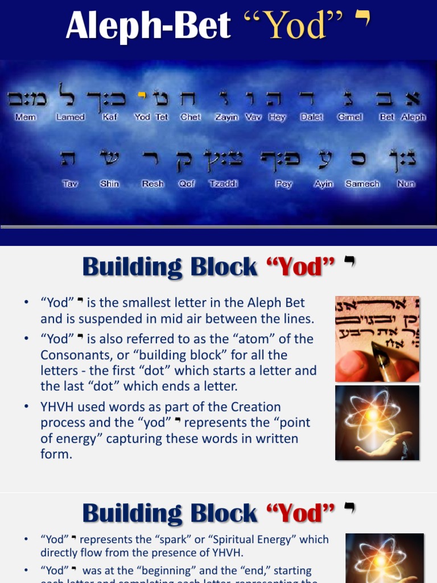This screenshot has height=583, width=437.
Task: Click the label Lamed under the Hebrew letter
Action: (71, 117)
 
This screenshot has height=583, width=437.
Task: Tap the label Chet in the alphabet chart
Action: (190, 117)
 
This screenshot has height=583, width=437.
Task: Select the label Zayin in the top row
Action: (226, 117)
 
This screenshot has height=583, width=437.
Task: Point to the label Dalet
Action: (311, 117)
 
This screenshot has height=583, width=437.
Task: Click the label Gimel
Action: (350, 117)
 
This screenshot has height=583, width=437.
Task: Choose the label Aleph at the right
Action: (413, 117)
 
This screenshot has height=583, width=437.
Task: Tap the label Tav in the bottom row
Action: (69, 184)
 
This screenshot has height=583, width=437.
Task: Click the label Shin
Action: (109, 184)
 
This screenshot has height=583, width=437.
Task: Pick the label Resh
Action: (152, 184)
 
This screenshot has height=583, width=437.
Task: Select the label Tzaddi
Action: (224, 184)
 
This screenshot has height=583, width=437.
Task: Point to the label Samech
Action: (362, 184)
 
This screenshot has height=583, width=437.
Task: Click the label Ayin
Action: (323, 184)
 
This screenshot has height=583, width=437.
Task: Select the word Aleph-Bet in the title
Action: (148, 27)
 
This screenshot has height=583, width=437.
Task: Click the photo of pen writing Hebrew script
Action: (377, 339)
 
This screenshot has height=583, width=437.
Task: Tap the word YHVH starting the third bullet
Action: (59, 407)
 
